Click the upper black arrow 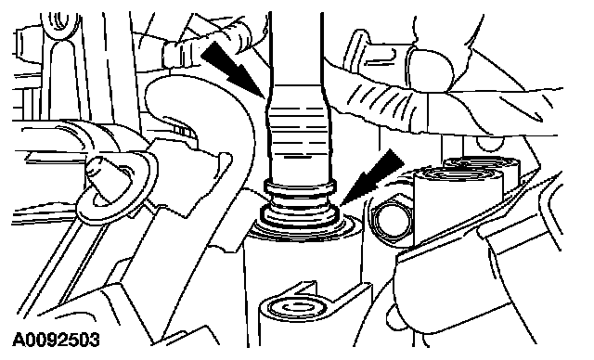232,70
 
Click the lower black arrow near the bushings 371,177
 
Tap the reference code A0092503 56,340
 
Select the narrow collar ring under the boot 300,186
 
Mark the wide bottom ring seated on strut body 299,219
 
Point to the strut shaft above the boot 296,49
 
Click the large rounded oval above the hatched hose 430,70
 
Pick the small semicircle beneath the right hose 490,142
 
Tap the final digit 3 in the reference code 95,340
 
